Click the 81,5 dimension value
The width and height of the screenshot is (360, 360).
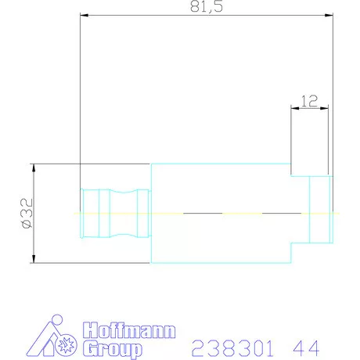[205, 8]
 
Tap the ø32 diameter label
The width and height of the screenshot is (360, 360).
[26, 213]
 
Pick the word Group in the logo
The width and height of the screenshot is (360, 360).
[113, 347]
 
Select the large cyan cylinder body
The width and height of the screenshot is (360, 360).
[219, 213]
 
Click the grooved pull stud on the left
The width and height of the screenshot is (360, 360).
[114, 213]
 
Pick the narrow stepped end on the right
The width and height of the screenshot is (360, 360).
[319, 213]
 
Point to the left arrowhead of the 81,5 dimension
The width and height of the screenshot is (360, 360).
[83, 14]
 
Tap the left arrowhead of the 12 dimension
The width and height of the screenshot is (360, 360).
[293, 108]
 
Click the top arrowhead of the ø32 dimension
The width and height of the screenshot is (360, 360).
[34, 166]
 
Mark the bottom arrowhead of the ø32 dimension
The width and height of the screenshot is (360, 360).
[34, 261]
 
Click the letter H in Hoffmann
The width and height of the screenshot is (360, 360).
[89, 330]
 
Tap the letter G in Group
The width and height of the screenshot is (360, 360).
[89, 347]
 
